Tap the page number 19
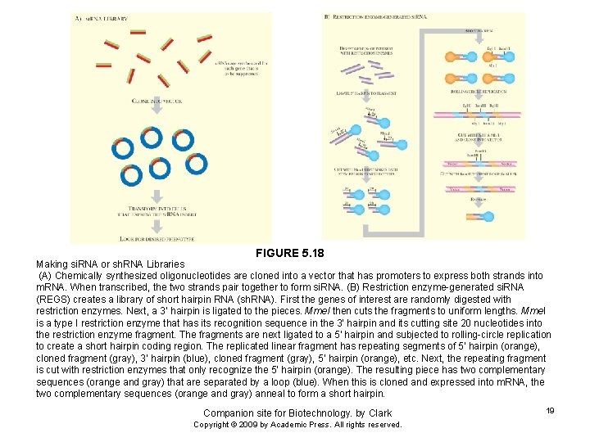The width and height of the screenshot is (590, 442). click(550, 410)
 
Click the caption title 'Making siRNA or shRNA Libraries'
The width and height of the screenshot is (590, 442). click(110, 264)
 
